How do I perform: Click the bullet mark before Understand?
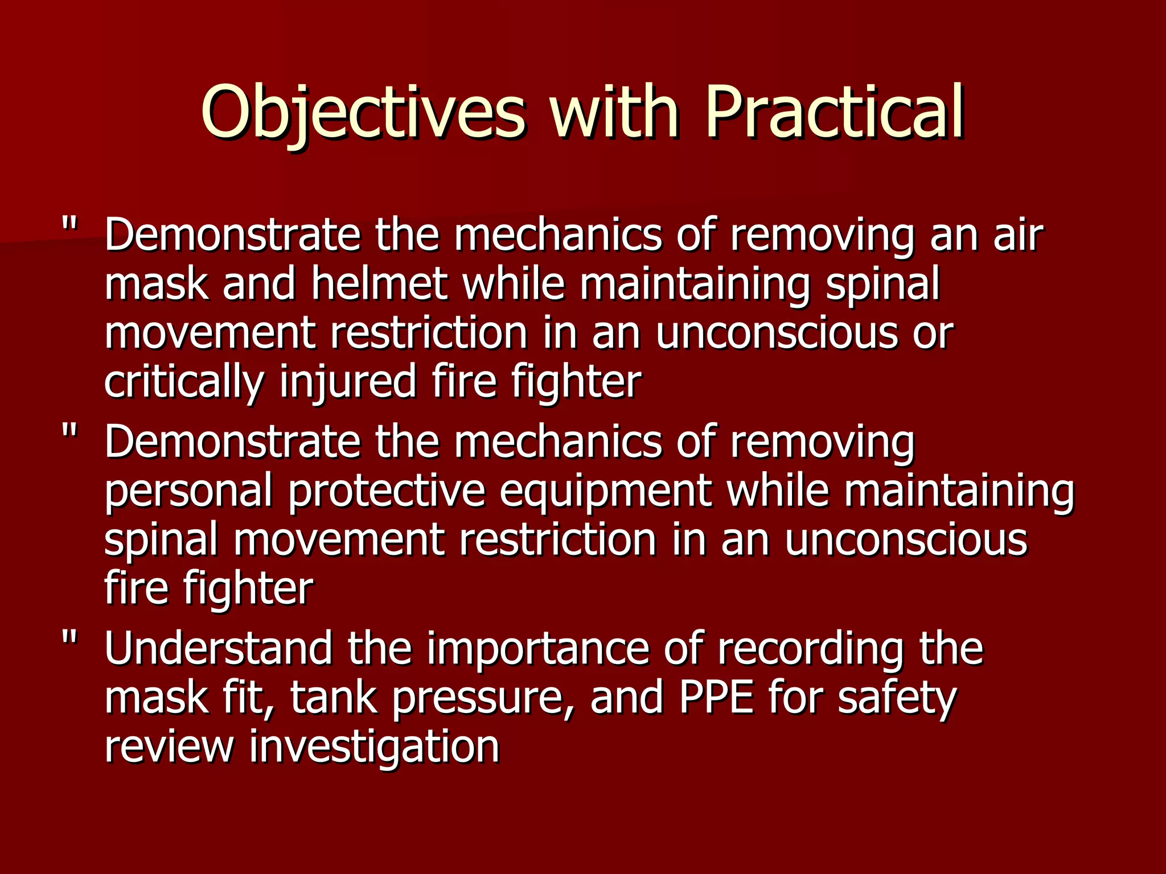click(69, 639)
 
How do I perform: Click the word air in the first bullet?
click(1019, 236)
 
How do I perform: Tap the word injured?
click(348, 382)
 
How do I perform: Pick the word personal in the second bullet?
click(188, 492)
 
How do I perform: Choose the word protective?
click(387, 492)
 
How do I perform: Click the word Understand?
click(218, 648)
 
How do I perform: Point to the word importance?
click(538, 648)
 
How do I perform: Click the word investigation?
click(374, 747)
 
